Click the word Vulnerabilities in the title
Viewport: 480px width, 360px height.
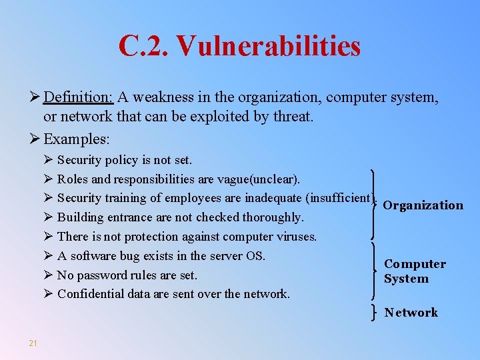(x=269, y=46)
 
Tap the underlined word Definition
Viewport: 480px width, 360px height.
(x=79, y=97)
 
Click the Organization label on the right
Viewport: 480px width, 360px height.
(x=423, y=205)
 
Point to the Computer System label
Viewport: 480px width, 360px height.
(x=415, y=271)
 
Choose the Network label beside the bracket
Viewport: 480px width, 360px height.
(x=411, y=312)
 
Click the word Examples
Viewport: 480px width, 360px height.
(x=76, y=139)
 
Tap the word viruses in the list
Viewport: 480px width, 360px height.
(x=295, y=237)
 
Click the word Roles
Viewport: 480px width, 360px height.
(x=71, y=179)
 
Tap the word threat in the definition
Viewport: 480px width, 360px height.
(x=293, y=117)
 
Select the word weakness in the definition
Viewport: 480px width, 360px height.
(x=163, y=97)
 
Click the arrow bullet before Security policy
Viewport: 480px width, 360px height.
(x=47, y=160)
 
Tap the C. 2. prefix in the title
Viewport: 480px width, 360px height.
(x=144, y=46)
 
